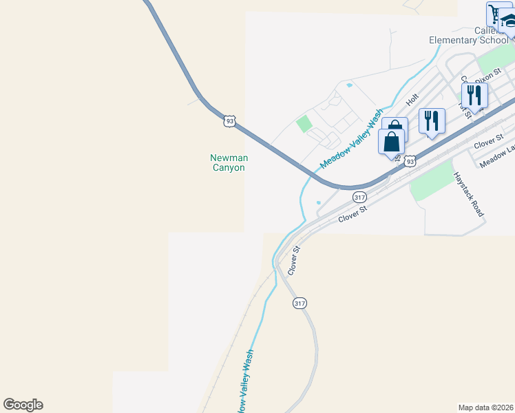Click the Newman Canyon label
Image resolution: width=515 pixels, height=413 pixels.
click(x=228, y=162)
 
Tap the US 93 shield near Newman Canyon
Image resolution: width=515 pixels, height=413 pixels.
click(x=230, y=121)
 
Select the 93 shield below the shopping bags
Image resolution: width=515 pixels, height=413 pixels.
click(x=410, y=161)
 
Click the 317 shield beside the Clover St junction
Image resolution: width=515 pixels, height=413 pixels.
click(x=359, y=197)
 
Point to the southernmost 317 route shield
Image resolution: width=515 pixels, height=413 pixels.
click(x=299, y=303)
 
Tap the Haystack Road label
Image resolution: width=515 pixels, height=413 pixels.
click(x=469, y=194)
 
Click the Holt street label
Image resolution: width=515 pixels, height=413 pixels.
click(x=412, y=99)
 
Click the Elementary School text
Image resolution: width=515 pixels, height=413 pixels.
click(x=469, y=40)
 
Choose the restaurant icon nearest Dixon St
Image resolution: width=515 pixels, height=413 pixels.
click(x=474, y=94)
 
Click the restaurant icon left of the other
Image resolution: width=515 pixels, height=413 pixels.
click(x=432, y=120)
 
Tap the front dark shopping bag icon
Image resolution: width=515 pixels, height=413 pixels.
click(x=391, y=142)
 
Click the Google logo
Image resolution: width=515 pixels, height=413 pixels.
click(x=23, y=405)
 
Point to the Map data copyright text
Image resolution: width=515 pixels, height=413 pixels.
click(x=486, y=407)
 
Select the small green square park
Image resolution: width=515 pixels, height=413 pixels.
click(x=304, y=125)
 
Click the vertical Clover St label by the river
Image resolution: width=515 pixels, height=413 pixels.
click(x=293, y=260)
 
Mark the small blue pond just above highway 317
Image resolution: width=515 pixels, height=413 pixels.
click(x=318, y=202)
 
